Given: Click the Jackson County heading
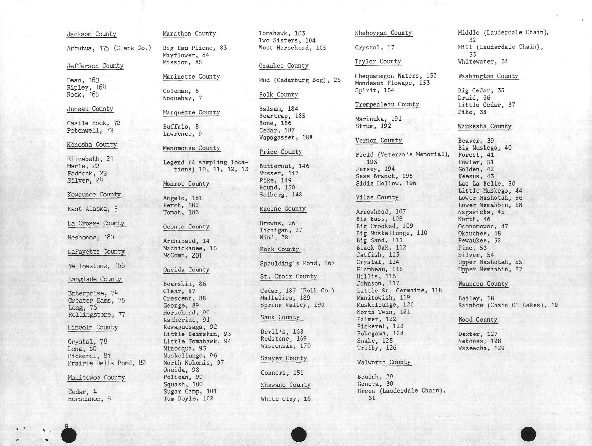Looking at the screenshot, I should [91, 34].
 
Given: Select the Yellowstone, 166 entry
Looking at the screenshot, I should [96, 266].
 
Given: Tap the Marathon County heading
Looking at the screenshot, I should [189, 34].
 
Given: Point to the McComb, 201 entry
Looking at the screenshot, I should [182, 255].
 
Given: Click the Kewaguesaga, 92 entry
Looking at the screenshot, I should [190, 327].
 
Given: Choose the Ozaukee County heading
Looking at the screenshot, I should [284, 66].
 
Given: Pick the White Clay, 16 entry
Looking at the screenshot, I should [285, 399].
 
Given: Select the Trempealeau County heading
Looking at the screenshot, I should [387, 104].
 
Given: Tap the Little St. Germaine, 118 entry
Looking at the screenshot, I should [399, 290].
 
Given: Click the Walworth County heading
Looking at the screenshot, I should [384, 362].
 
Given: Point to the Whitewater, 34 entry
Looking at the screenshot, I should [483, 61].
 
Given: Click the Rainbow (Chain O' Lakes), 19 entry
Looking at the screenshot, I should [507, 305].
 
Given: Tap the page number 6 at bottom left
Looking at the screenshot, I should [66, 426].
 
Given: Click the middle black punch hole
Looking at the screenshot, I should [299, 435].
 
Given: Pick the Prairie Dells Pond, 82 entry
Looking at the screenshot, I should [107, 363].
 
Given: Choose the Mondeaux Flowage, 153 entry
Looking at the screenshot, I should [392, 83].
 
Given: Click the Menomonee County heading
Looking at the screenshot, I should [191, 148].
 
